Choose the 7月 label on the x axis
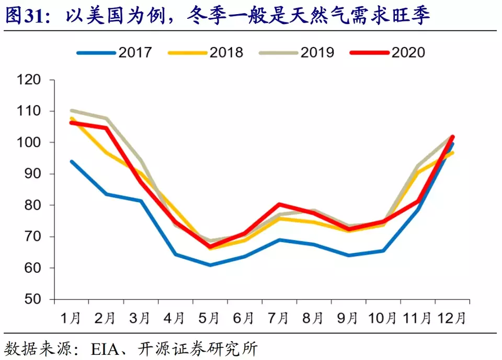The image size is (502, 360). [x=279, y=318]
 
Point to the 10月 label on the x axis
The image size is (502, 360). [x=383, y=318]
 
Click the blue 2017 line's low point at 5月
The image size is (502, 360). [x=210, y=265]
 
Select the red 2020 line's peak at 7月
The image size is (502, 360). [x=279, y=204]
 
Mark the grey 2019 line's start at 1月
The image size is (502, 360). [x=72, y=110]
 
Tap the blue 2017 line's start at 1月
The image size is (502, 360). [x=72, y=161]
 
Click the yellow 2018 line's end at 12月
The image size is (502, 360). [x=452, y=153]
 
